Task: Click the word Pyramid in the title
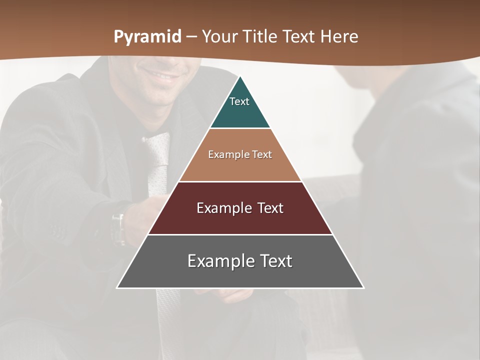[147, 37]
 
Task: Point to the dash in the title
[191, 37]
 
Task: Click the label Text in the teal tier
[239, 101]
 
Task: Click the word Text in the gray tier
[274, 261]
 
